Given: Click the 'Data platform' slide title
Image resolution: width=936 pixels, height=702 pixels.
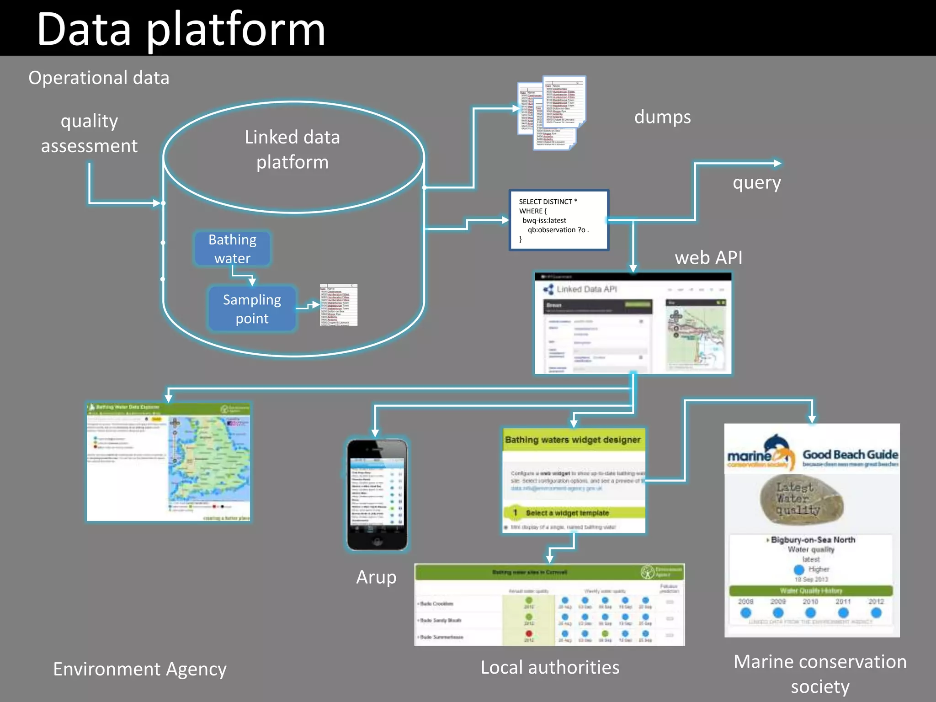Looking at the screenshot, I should [181, 30].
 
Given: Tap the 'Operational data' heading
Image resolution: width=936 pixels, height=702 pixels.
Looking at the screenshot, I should [99, 78].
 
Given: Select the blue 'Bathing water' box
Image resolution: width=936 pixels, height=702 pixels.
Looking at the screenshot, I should [232, 249].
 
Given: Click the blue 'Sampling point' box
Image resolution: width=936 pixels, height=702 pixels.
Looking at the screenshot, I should [252, 308].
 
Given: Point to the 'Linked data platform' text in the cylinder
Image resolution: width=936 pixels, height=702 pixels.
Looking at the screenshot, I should [292, 149].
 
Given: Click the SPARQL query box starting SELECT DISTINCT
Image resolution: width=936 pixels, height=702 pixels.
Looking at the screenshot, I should [558, 220].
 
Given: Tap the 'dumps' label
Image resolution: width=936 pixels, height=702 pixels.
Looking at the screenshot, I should [662, 117].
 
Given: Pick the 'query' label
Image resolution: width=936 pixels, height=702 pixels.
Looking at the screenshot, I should [756, 183].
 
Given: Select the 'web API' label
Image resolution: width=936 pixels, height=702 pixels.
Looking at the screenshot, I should [708, 258].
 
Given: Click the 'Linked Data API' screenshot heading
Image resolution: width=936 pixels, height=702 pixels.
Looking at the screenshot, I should [586, 289].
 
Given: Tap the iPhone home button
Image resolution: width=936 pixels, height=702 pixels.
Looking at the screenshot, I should [377, 542].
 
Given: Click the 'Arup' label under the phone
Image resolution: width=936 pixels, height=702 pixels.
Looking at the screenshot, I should [376, 577].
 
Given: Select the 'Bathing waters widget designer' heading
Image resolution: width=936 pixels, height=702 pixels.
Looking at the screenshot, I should [573, 440].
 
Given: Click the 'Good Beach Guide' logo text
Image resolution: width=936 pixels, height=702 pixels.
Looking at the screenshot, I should [850, 455].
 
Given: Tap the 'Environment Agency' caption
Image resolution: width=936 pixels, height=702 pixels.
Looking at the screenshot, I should [140, 669].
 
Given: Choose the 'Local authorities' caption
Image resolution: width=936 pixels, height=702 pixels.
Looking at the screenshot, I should [550, 668].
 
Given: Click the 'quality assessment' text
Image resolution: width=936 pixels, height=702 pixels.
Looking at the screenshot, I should [89, 133].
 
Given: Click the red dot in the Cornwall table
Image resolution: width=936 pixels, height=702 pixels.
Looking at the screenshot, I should [529, 633].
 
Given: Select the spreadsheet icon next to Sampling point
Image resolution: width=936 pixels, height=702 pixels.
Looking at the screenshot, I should [339, 305].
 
